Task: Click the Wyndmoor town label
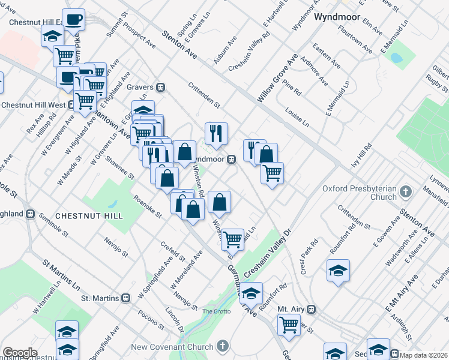[337, 17]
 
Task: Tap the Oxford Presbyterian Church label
[360, 192]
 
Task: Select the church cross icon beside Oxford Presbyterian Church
[406, 192]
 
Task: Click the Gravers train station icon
[160, 87]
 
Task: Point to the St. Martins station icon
[126, 298]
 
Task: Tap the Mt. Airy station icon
[311, 309]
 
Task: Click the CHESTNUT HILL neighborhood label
[89, 215]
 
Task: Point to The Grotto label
[215, 311]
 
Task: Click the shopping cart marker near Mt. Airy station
[289, 324]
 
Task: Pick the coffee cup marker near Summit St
[74, 19]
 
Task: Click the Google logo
[19, 353]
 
